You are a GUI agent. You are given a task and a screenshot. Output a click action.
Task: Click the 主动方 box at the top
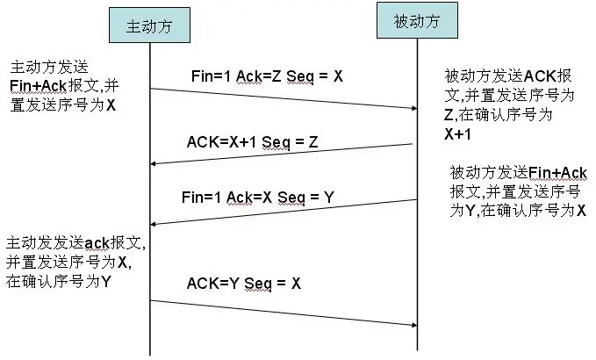click(149, 25)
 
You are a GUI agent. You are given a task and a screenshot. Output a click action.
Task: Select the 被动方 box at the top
click(417, 20)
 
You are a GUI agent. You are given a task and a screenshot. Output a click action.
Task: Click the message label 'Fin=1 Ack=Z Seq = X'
click(267, 76)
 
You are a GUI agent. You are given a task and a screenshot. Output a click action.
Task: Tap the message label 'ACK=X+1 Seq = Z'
click(253, 142)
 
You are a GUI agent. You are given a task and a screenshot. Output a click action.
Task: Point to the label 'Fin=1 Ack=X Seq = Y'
click(258, 198)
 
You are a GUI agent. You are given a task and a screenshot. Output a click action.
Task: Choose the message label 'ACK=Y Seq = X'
click(244, 284)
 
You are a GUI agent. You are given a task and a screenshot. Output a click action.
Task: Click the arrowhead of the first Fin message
click(414, 108)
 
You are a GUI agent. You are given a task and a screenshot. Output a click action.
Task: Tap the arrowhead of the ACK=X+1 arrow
click(154, 164)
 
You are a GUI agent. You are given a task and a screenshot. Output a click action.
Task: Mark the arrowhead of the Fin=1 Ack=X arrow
click(154, 224)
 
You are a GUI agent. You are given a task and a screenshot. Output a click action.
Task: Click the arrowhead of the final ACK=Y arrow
click(414, 325)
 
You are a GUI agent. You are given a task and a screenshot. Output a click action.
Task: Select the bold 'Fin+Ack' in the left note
click(38, 85)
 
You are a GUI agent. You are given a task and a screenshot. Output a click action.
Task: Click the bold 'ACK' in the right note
click(540, 76)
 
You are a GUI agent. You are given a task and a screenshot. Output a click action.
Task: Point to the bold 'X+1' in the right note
click(457, 133)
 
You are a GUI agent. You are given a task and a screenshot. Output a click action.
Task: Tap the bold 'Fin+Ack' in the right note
click(557, 173)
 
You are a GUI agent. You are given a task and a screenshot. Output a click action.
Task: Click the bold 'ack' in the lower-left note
click(97, 243)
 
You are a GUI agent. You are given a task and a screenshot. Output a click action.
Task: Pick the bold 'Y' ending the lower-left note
click(106, 282)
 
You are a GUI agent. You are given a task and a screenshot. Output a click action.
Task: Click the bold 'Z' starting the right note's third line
click(449, 114)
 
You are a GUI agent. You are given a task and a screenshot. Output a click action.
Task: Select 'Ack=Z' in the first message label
click(258, 76)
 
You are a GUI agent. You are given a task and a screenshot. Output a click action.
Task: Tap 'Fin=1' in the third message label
click(201, 198)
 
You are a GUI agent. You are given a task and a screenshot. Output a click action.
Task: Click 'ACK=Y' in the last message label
click(212, 284)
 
